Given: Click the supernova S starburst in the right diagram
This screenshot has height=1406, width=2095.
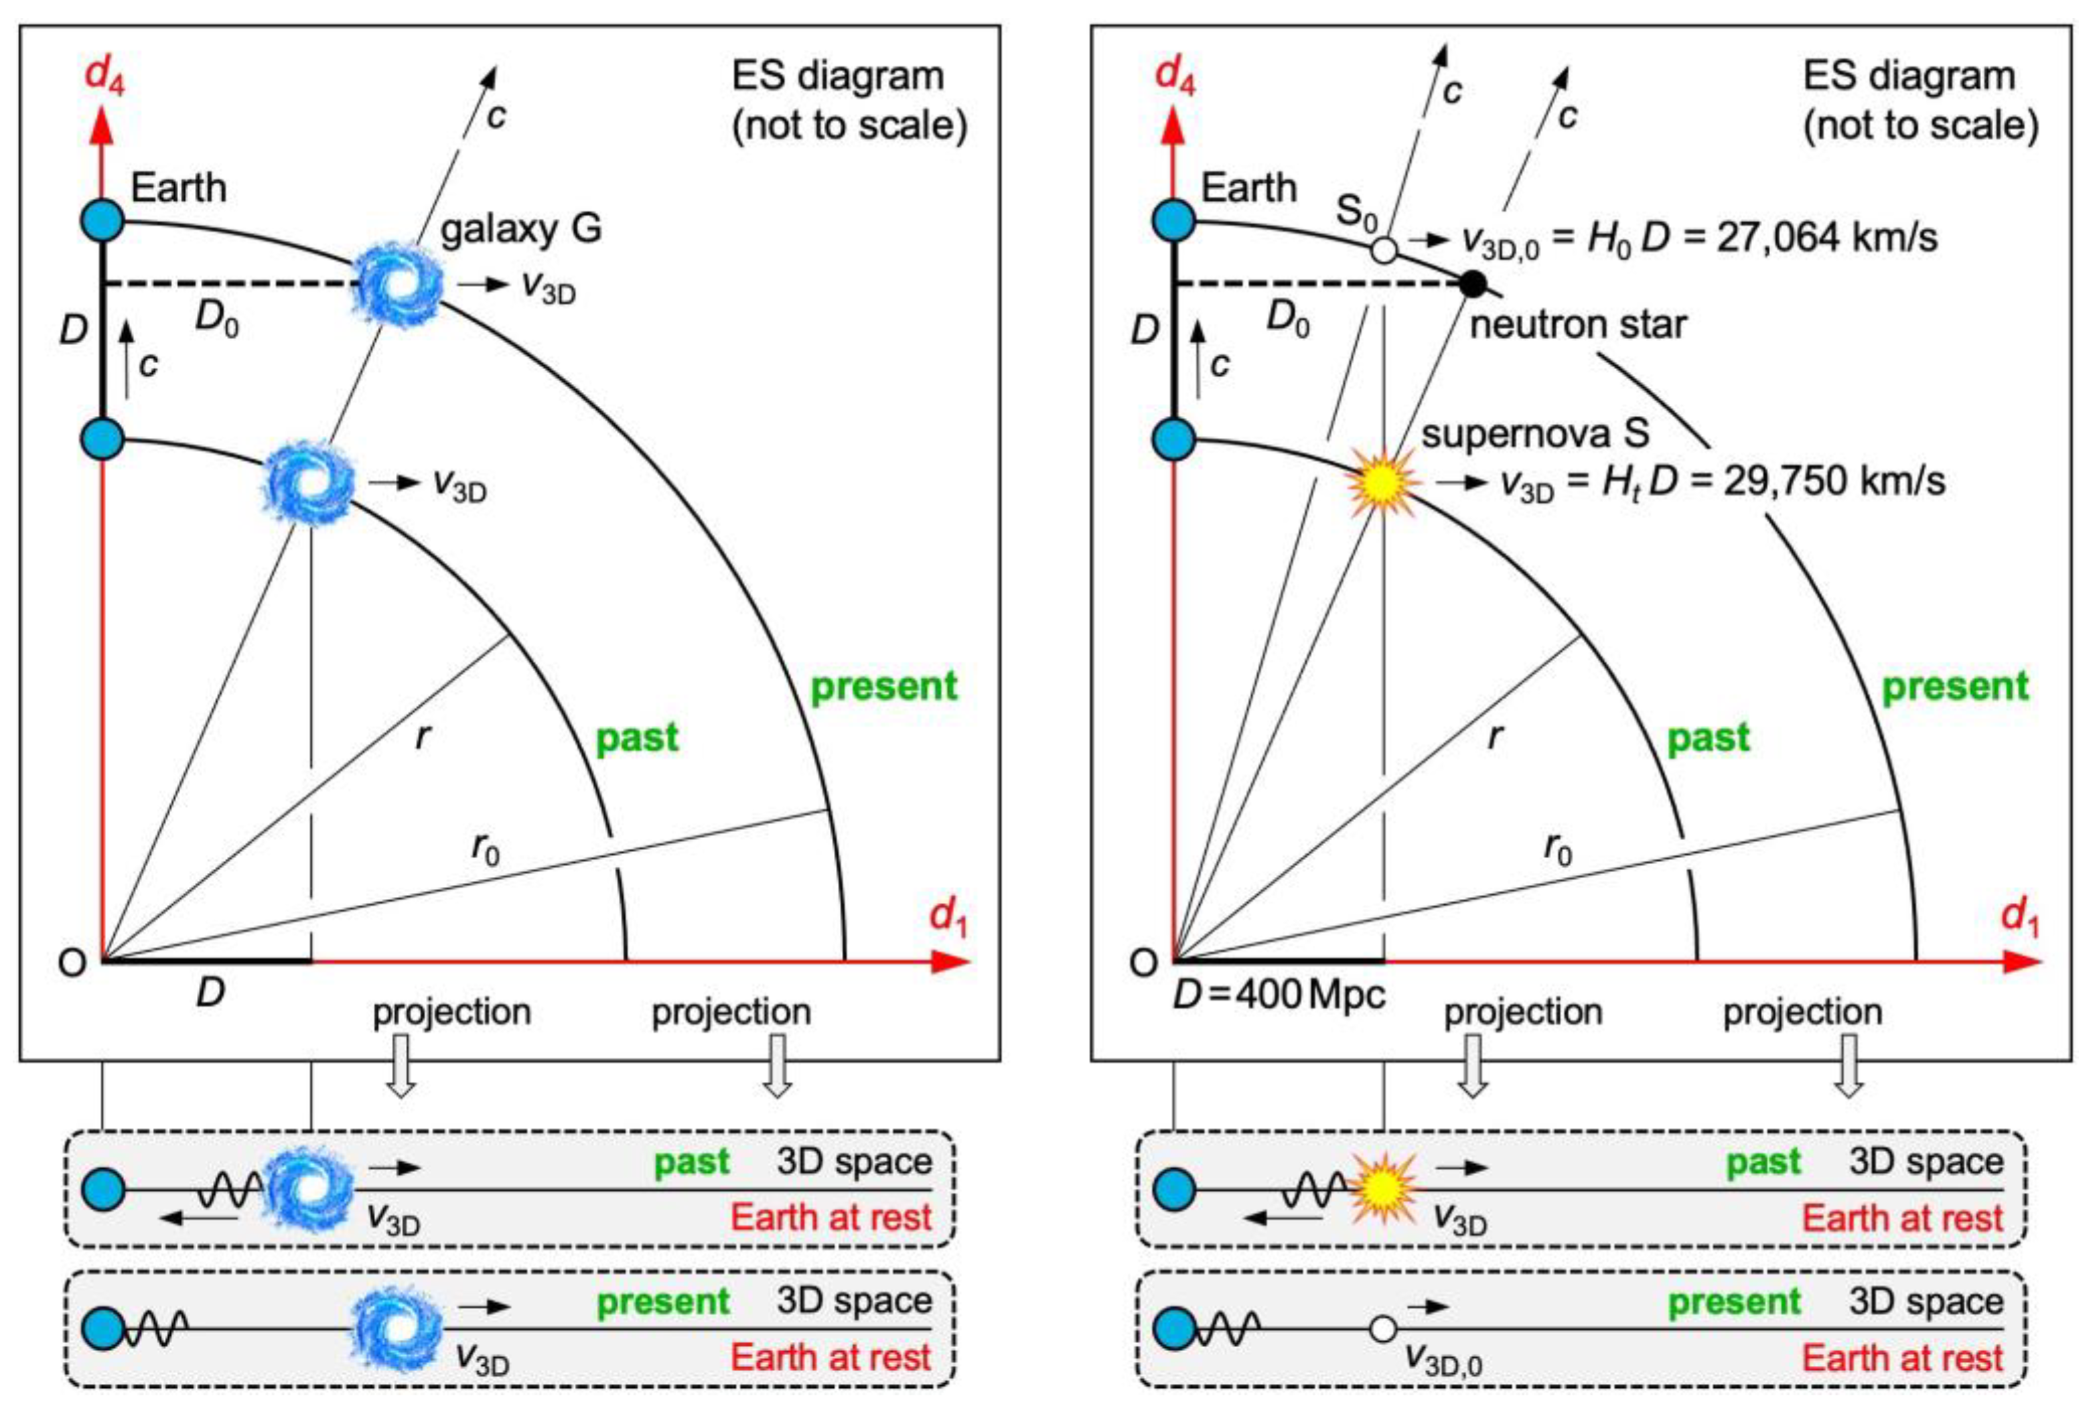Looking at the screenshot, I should [1383, 482].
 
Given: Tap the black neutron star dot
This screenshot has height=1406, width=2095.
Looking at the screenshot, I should [1472, 284].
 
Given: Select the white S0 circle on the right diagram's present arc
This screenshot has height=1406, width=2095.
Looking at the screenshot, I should [1384, 249].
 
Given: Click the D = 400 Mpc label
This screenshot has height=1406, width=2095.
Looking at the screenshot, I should [1279, 995].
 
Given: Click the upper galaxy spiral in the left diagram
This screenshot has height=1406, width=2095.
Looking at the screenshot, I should [395, 283].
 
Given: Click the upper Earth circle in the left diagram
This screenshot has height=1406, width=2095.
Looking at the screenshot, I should [103, 220].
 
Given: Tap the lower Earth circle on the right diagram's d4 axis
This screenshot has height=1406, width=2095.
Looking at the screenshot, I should [1173, 440].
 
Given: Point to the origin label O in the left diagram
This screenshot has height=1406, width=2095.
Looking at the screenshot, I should [72, 963].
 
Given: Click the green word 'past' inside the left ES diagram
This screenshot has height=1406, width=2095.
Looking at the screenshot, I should [638, 738].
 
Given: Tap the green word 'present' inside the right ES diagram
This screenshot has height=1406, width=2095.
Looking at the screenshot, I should [1954, 687].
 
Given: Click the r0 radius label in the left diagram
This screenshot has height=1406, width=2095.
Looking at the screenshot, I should [486, 848].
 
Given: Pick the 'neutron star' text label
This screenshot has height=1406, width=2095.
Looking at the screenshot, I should [1578, 325].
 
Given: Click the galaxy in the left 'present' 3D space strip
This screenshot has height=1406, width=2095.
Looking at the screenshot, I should [395, 1329].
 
